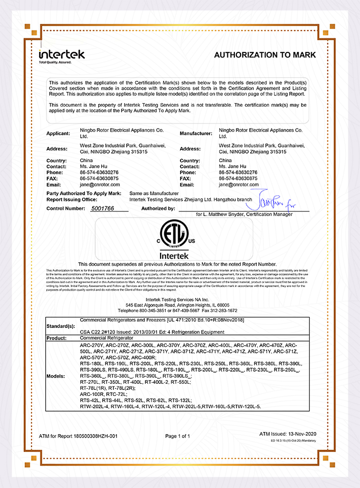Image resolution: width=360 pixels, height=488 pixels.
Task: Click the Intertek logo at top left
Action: click(x=61, y=54)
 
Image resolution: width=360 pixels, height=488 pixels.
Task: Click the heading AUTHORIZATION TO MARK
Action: click(x=265, y=55)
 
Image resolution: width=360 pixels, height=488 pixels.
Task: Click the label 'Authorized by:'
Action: click(x=158, y=208)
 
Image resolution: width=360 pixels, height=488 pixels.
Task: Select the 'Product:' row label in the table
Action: click(x=56, y=338)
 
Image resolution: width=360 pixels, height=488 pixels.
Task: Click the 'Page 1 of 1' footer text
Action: click(x=177, y=436)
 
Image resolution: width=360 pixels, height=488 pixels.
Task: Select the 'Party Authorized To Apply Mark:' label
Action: click(x=83, y=194)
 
